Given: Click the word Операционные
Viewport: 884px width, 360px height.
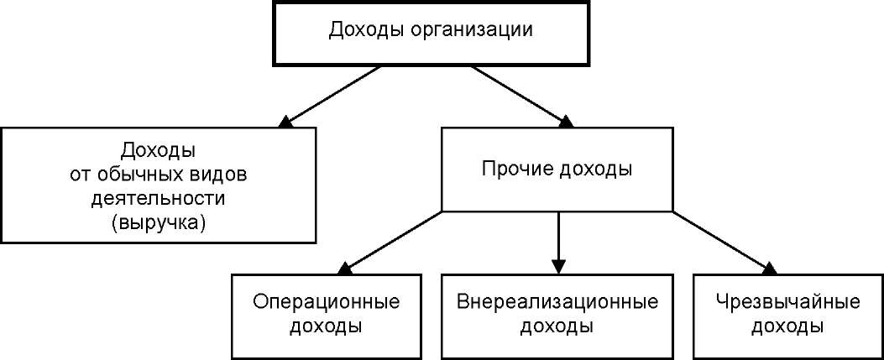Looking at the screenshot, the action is (327, 302).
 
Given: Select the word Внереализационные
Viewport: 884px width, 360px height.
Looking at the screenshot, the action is (557, 302).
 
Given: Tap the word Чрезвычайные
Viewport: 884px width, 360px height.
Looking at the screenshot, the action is (788, 302).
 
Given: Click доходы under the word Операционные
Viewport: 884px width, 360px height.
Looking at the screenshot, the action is (326, 326).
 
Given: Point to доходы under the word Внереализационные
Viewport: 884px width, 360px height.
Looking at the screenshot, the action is (557, 326).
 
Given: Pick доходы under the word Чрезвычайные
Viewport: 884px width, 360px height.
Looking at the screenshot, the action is (788, 326).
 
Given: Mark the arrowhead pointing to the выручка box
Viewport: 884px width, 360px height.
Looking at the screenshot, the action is (285, 121).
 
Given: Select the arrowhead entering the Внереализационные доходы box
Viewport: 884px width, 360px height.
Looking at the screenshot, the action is (557, 267).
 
